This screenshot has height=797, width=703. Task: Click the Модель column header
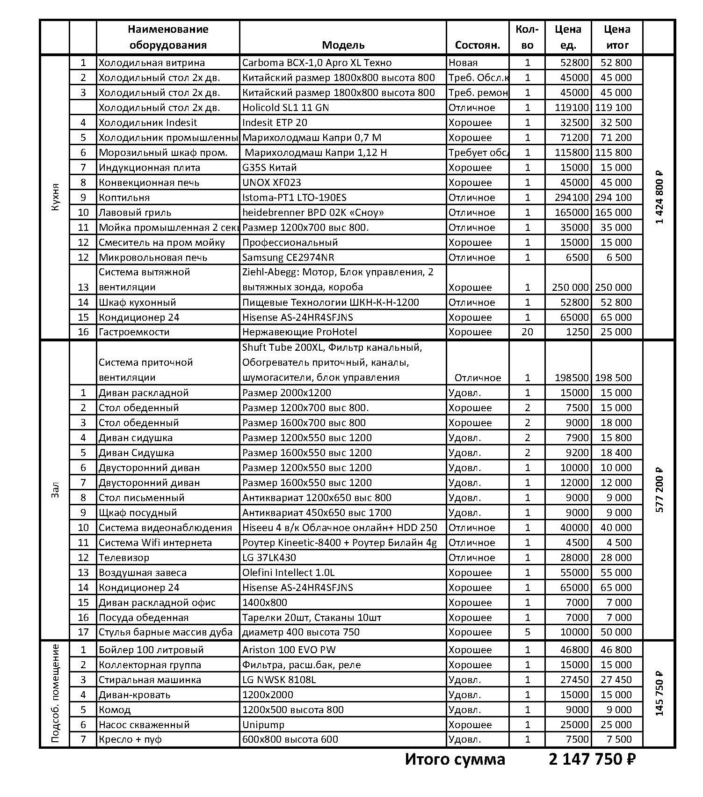(x=343, y=45)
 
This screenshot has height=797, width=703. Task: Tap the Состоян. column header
(x=477, y=45)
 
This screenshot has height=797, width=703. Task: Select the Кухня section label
(x=55, y=197)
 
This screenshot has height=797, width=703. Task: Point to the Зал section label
(x=55, y=490)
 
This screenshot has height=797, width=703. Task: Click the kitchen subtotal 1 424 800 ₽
(x=660, y=197)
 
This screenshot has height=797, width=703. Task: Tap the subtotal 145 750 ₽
(x=660, y=694)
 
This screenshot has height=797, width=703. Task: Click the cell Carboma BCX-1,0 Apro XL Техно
(x=317, y=63)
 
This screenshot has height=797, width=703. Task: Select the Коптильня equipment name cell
(x=124, y=198)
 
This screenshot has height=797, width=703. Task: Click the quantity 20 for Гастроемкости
(x=527, y=332)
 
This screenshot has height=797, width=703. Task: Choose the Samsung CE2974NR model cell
(x=288, y=258)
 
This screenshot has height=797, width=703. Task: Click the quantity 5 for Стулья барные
(x=527, y=632)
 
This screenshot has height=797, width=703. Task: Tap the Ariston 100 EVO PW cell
(x=289, y=650)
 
